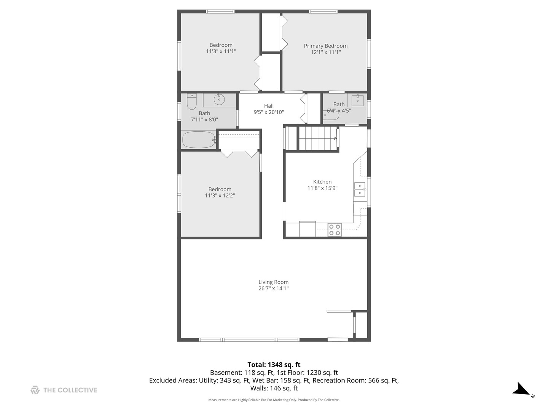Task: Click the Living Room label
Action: pos(273,282)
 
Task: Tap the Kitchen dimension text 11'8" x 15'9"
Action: pos(322,188)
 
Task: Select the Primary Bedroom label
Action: pos(325,46)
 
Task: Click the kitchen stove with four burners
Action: pos(335,229)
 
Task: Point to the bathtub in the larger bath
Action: pos(199,140)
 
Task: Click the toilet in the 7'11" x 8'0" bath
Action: pos(192,102)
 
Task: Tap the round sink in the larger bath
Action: pos(219,100)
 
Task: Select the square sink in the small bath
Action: pos(357,100)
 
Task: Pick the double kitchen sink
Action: pos(360,190)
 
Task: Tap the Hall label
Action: pos(269,106)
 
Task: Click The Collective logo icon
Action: pos(35,390)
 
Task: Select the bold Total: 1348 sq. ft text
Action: pos(274,365)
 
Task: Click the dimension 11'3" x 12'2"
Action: pos(220,195)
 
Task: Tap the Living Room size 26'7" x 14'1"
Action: pos(273,288)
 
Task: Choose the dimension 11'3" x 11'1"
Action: pos(221,51)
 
